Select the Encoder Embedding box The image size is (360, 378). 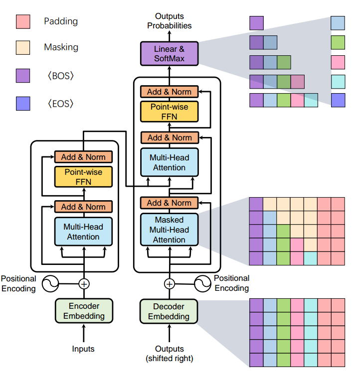pos(84,311)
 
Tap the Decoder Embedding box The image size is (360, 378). pos(170,311)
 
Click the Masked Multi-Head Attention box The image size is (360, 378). pos(170,230)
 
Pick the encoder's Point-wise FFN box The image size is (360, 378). pos(83,176)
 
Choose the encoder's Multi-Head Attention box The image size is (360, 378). pos(83,232)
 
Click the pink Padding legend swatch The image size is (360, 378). pos(23,21)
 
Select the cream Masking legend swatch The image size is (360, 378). pos(23,47)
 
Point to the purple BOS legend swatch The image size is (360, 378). pos(23,76)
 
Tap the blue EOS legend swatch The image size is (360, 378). pos(23,104)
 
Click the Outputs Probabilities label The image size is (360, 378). pos(170,21)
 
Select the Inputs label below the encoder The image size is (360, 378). pos(83,349)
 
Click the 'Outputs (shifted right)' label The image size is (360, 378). pos(170,353)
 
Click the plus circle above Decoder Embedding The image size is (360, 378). pos(170,284)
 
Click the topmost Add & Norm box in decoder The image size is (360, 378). pos(170,92)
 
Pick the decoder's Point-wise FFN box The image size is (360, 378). pos(170,112)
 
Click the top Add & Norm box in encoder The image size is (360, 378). pos(83,157)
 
